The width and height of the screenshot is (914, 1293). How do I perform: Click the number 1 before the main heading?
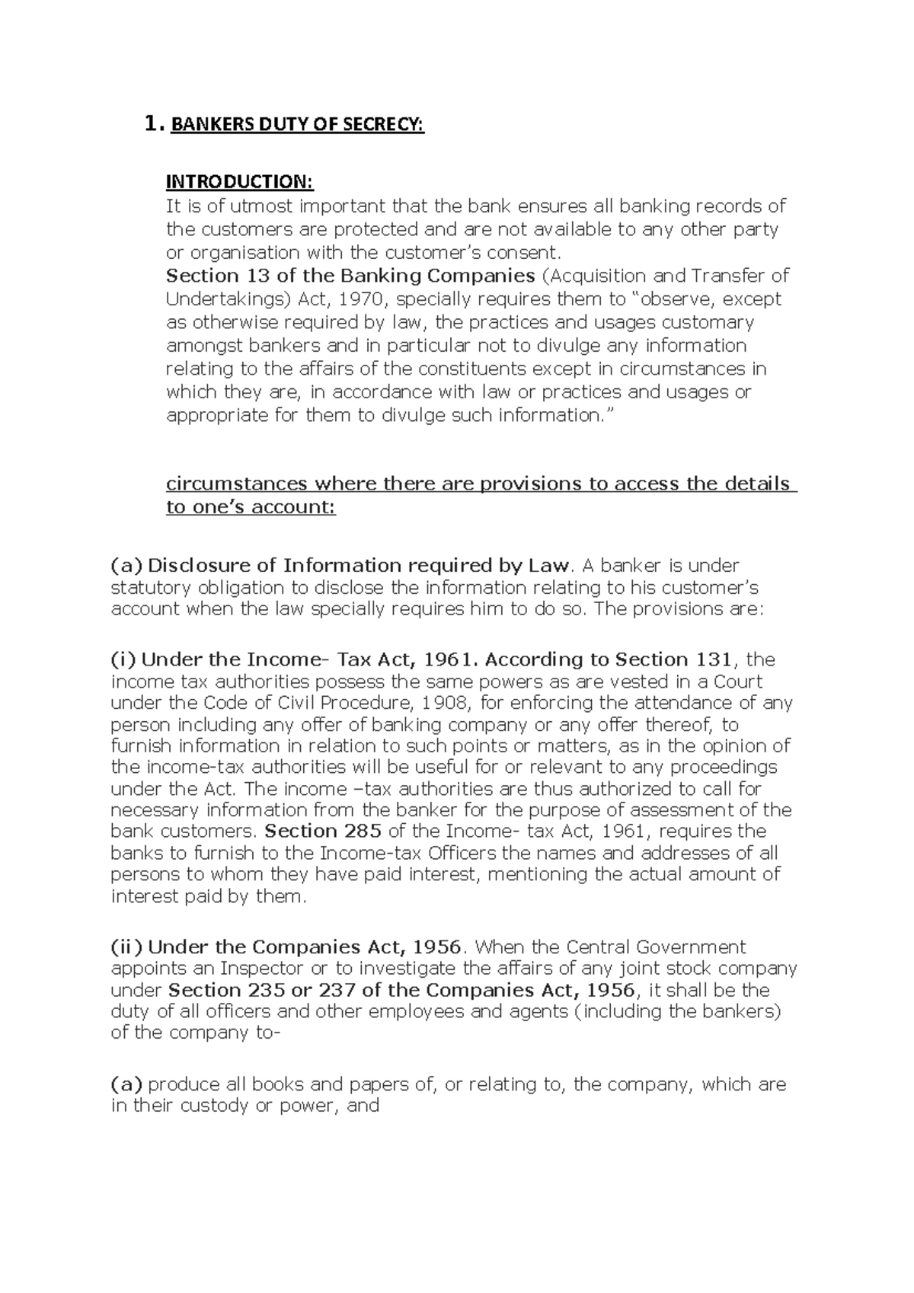(151, 123)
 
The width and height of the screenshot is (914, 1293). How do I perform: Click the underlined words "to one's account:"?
(251, 507)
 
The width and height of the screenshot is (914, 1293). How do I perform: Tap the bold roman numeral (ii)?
(126, 947)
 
